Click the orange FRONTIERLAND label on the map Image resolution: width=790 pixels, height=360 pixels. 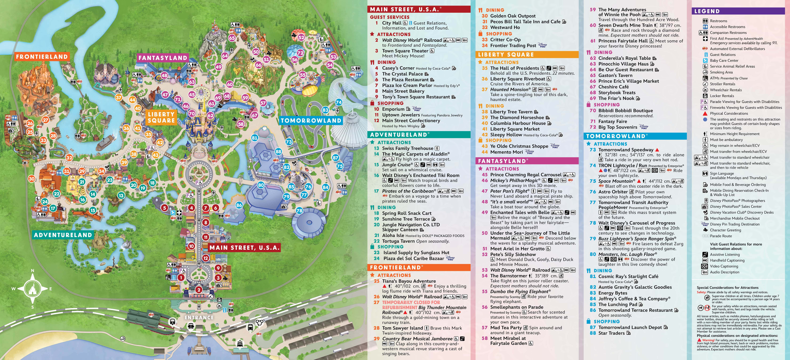click(42, 57)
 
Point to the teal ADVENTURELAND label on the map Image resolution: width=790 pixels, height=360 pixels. click(63, 235)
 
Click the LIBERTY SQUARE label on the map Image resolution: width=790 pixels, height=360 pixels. click(161, 117)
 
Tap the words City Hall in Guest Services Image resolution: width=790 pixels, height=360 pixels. click(392, 23)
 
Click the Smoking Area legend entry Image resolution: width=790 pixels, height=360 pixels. click(721, 72)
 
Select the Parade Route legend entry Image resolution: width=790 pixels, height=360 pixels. click(721, 236)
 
